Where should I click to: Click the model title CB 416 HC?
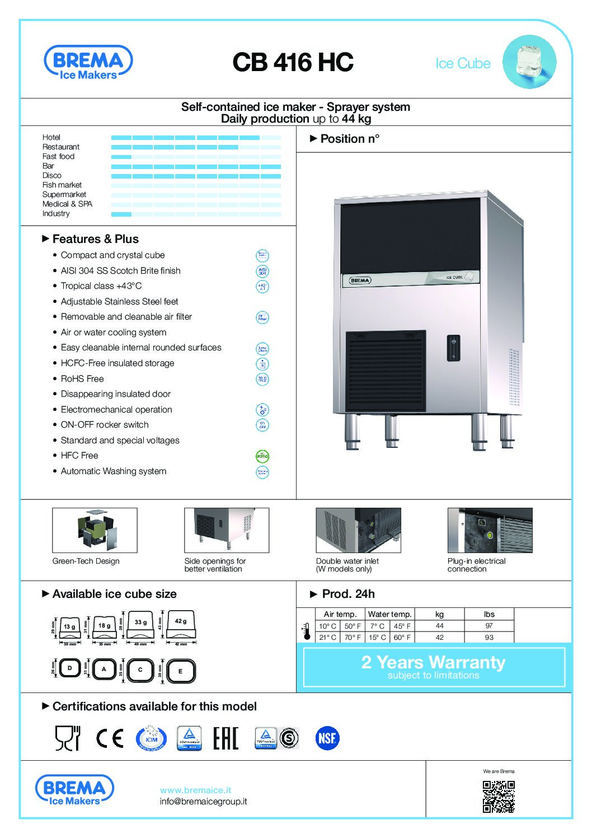coord(293,62)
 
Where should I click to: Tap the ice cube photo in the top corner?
coord(529,62)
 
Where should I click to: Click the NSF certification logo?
coord(327,738)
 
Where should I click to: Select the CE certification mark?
coord(110,738)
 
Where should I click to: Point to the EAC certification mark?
coord(225,738)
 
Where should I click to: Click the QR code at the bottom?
coord(499,796)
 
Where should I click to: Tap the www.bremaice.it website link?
coord(195,790)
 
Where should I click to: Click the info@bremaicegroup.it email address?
coord(203,801)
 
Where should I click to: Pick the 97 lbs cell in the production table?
coord(489,626)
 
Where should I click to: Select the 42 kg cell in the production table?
coord(440,637)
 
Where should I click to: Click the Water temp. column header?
coord(390,614)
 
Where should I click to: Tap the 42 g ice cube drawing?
coord(181,624)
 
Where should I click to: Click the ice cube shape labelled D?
coord(70,668)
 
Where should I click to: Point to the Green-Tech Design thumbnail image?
coord(95,530)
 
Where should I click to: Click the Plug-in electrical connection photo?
coord(490,530)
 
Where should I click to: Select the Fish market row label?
coord(62,185)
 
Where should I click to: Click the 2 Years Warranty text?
coord(433,662)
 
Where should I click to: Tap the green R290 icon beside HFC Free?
coord(262,456)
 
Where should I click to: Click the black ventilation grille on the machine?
coord(386,371)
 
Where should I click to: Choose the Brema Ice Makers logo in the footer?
coord(74,790)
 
